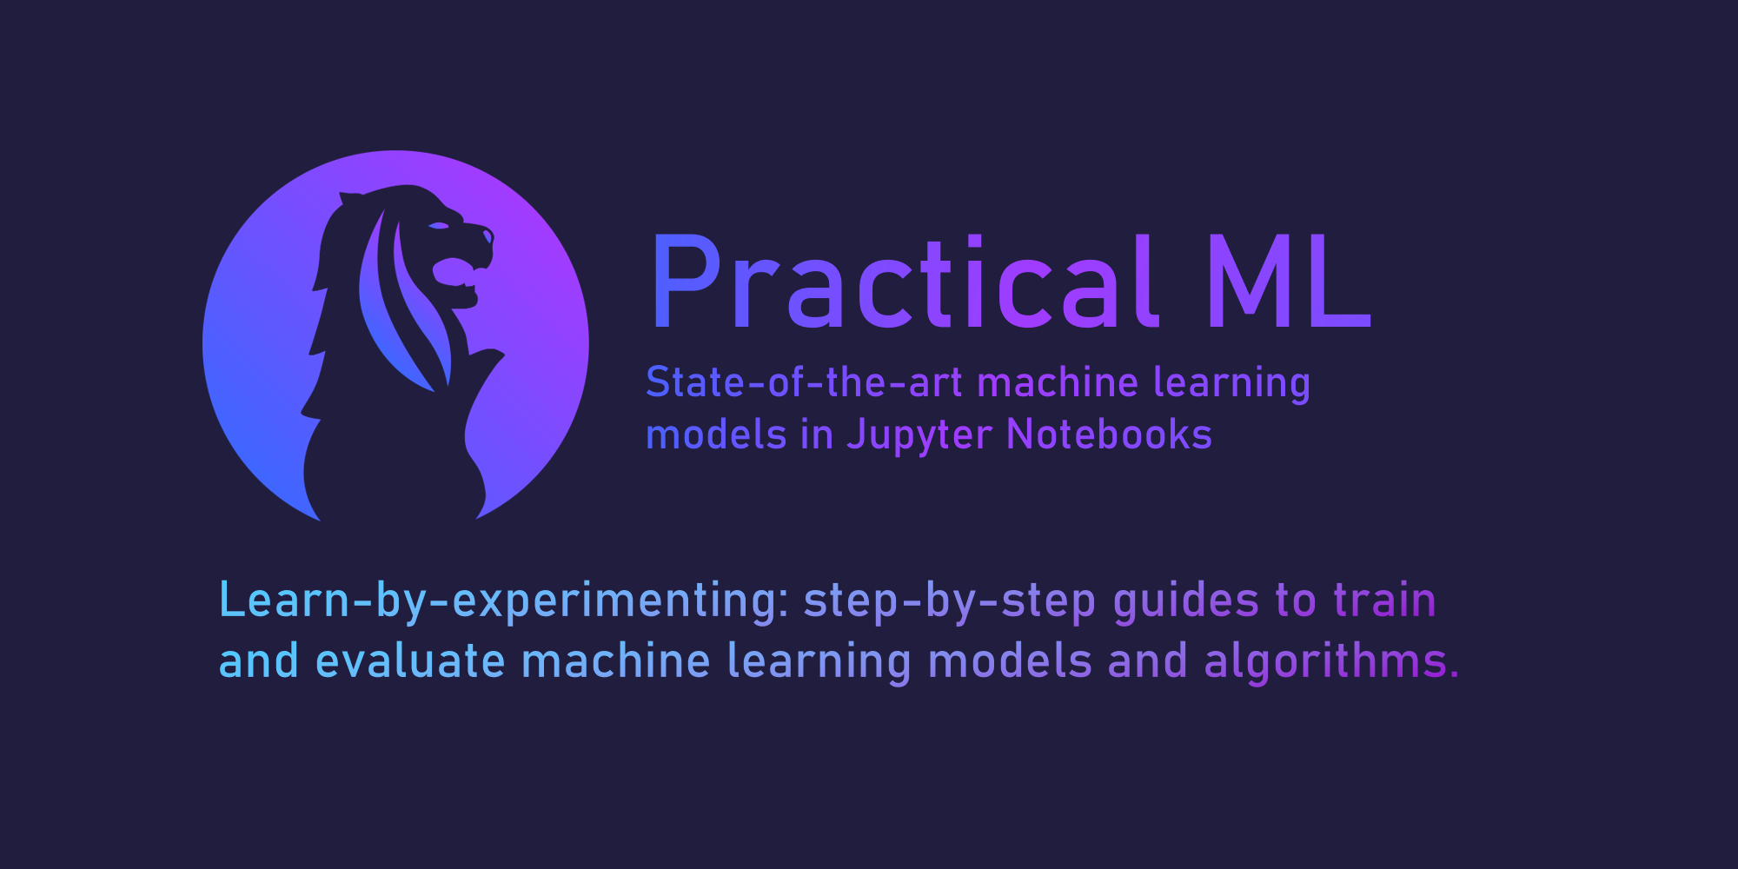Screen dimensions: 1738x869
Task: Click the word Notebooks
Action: click(x=1109, y=434)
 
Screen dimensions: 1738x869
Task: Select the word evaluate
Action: click(x=410, y=660)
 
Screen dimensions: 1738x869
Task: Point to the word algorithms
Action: click(x=1326, y=662)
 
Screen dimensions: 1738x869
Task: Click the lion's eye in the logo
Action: click(x=439, y=226)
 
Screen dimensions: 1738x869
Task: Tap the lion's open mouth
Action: click(x=455, y=272)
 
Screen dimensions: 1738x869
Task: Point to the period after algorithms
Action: click(x=1455, y=674)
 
